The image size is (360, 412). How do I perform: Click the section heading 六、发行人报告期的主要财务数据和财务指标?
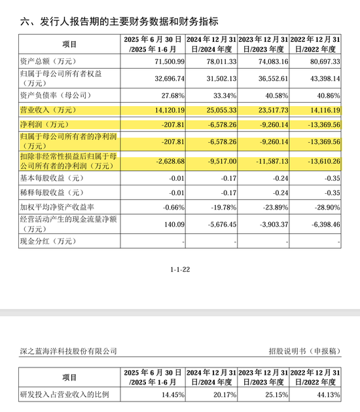tap(118, 22)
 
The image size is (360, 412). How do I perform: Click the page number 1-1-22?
tap(180, 269)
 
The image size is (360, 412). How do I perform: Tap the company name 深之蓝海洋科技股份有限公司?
tap(64, 351)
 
